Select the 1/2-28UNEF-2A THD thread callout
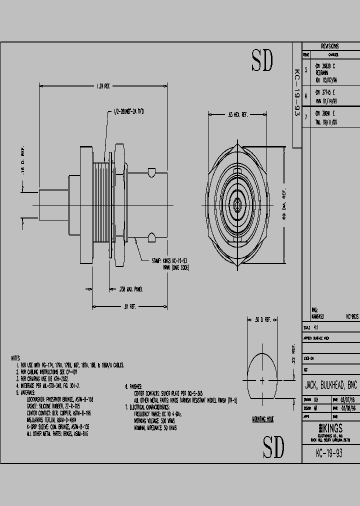(129, 111)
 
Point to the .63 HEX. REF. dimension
(238, 115)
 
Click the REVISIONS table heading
(329, 45)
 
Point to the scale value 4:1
(316, 327)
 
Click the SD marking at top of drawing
(262, 60)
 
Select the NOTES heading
(15, 358)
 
